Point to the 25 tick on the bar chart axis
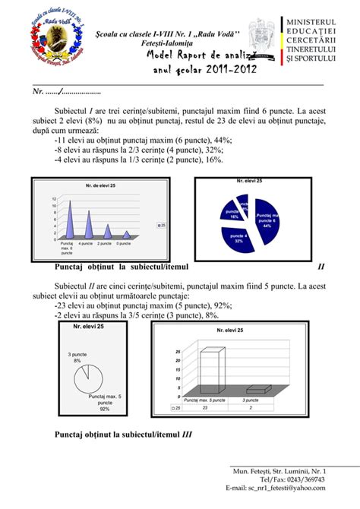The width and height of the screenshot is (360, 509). point(178,352)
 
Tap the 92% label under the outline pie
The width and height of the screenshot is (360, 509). point(105,409)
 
